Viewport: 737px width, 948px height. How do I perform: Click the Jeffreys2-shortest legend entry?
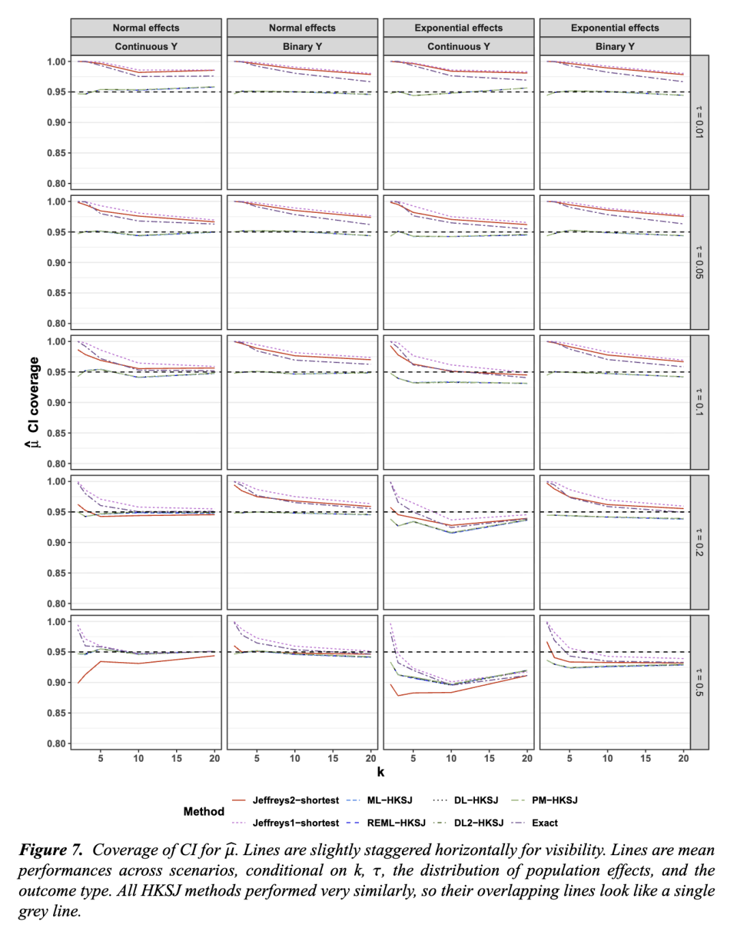tap(295, 801)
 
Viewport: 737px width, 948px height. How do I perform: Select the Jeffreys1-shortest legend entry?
tap(295, 823)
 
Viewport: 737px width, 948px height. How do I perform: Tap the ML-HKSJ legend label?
tap(390, 801)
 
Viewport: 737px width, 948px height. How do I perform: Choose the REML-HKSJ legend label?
tap(396, 823)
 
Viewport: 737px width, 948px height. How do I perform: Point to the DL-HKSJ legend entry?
tap(476, 801)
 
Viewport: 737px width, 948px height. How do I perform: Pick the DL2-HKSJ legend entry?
tap(478, 823)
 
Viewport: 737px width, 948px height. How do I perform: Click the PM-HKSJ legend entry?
tap(554, 801)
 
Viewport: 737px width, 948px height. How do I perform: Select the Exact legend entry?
tap(545, 823)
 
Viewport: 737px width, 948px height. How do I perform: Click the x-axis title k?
tap(381, 772)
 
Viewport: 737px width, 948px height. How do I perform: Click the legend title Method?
tap(203, 811)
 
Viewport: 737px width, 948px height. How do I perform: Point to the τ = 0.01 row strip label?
tap(699, 122)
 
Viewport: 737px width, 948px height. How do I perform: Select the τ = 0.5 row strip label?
tap(699, 683)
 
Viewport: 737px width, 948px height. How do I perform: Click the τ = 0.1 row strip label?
tap(699, 402)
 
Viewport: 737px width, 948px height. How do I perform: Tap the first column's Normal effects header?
tap(146, 28)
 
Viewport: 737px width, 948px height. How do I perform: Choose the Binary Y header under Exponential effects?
tap(615, 46)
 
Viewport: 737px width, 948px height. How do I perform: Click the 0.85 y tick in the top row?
tap(56, 153)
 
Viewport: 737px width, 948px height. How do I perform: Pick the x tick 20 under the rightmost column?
tap(683, 758)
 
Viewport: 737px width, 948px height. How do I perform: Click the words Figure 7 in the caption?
tap(50, 850)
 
